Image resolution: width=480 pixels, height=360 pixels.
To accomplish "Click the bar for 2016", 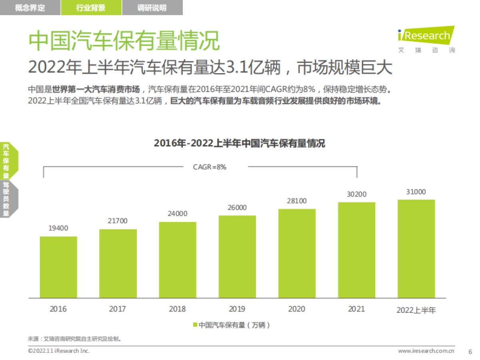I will [x=58, y=267].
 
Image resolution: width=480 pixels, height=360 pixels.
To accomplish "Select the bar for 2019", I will [x=237, y=256].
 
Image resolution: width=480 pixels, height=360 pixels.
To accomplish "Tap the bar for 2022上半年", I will [x=416, y=248].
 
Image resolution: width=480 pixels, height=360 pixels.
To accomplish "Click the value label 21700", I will [x=118, y=221].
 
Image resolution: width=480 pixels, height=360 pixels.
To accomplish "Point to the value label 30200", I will [x=356, y=194].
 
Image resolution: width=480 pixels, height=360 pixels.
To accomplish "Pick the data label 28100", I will [x=297, y=201].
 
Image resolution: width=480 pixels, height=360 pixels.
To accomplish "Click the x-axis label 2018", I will [x=177, y=309].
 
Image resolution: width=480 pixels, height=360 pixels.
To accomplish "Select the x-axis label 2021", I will [x=356, y=309].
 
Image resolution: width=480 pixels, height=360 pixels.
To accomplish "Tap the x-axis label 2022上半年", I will [x=416, y=310].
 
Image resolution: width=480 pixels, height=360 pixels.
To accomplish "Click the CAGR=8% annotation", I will [x=210, y=167].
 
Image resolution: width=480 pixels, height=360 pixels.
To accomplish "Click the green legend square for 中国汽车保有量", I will [x=195, y=325].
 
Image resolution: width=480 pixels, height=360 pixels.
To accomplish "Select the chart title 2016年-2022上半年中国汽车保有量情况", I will [x=240, y=144].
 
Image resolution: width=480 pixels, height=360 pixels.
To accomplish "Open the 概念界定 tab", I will [x=30, y=8].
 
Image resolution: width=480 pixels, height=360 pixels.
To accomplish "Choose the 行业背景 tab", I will [x=91, y=8].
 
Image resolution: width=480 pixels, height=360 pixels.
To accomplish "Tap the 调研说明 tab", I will [x=152, y=8].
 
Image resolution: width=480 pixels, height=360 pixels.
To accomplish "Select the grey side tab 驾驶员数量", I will [x=6, y=199].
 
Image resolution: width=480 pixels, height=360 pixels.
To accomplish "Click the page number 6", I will [x=470, y=351].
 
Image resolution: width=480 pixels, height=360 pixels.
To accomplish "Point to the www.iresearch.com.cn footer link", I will [x=426, y=351].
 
